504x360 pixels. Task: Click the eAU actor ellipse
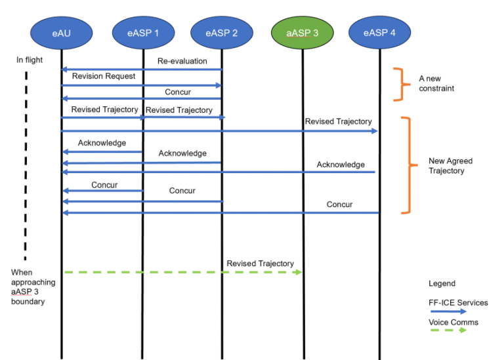pyautogui.click(x=62, y=32)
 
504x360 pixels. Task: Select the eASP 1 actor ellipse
pyautogui.click(x=143, y=32)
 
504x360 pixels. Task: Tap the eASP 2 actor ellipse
pyautogui.click(x=222, y=32)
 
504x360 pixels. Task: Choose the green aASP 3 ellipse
pyautogui.click(x=303, y=32)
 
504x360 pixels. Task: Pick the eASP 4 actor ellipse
pyautogui.click(x=379, y=32)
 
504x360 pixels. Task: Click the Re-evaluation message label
pyautogui.click(x=182, y=61)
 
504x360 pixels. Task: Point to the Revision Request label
pyautogui.click(x=104, y=76)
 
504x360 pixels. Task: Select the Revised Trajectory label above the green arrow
pyautogui.click(x=260, y=263)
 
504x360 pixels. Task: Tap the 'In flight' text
pyautogui.click(x=30, y=60)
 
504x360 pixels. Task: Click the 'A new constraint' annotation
pyautogui.click(x=436, y=83)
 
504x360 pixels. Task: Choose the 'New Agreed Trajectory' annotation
pyautogui.click(x=450, y=165)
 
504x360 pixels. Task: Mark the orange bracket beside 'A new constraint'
pyautogui.click(x=398, y=84)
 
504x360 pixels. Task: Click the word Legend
pyautogui.click(x=442, y=284)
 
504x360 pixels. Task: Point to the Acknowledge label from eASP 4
pyautogui.click(x=341, y=165)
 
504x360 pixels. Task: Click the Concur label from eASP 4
pyautogui.click(x=339, y=205)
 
